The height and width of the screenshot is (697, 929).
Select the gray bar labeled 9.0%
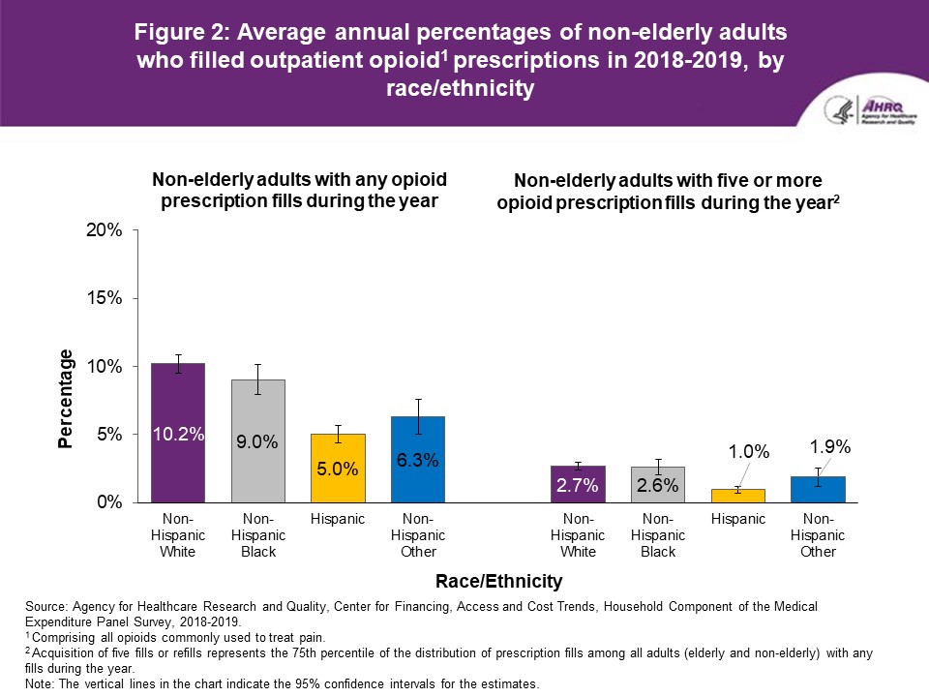[257, 440]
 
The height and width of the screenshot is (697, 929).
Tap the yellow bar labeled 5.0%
[337, 469]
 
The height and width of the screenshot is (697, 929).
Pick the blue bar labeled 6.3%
[417, 460]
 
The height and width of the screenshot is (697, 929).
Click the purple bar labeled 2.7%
[579, 484]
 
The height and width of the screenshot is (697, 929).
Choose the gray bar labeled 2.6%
[658, 484]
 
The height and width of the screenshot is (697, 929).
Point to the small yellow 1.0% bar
[738, 496]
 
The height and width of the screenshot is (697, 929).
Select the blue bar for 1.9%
[818, 490]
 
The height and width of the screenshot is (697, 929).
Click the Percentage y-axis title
[66, 399]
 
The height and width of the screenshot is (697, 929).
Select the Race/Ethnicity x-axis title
[497, 582]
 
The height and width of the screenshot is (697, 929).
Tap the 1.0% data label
[749, 451]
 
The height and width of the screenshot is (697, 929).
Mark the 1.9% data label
[830, 447]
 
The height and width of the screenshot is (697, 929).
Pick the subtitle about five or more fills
[668, 192]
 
